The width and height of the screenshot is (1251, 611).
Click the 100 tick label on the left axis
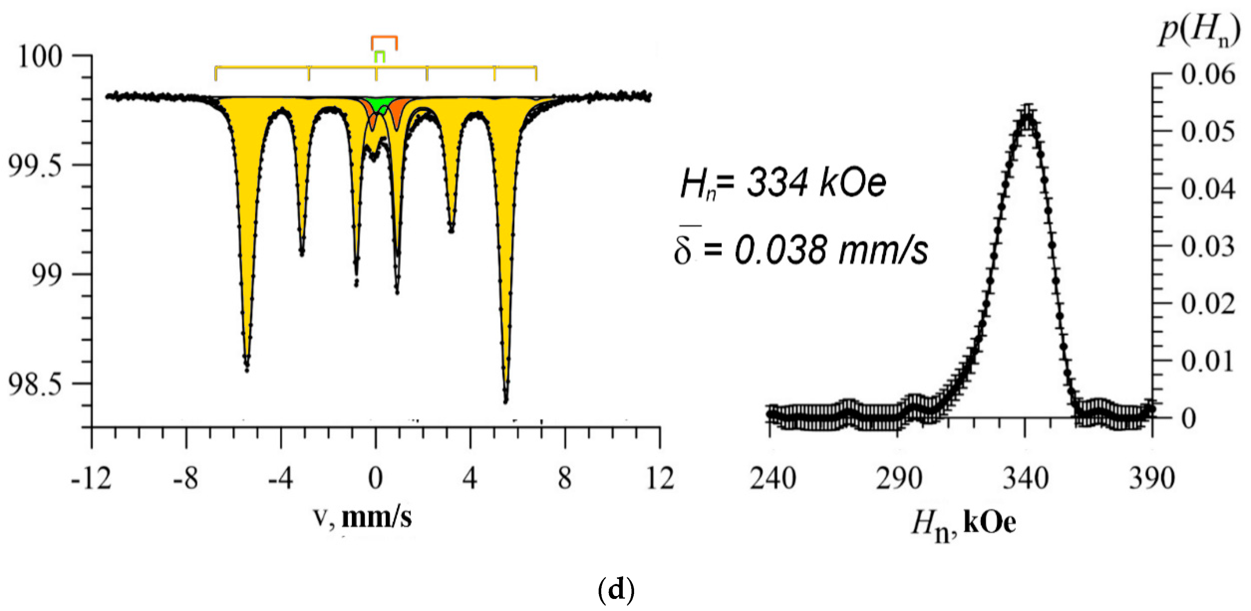tap(40, 57)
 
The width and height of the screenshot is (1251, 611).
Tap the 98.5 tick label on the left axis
tap(35, 385)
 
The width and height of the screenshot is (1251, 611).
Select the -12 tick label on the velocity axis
tap(91, 478)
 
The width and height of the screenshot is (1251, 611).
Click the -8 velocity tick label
tap(186, 478)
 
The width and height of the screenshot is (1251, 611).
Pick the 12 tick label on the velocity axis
tap(660, 478)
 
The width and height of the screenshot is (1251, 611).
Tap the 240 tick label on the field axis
tap(773, 478)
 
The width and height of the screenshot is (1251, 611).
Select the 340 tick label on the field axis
tap(1026, 478)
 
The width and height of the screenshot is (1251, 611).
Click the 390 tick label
tap(1152, 478)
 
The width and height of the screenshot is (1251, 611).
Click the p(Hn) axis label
tap(1199, 31)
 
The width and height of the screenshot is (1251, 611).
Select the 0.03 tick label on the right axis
tap(1208, 246)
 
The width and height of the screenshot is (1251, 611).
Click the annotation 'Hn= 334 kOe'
tap(783, 184)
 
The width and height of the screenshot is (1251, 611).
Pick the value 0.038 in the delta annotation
tap(779, 251)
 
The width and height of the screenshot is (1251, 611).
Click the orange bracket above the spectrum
tap(384, 37)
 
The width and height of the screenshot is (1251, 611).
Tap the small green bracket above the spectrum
tap(380, 52)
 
